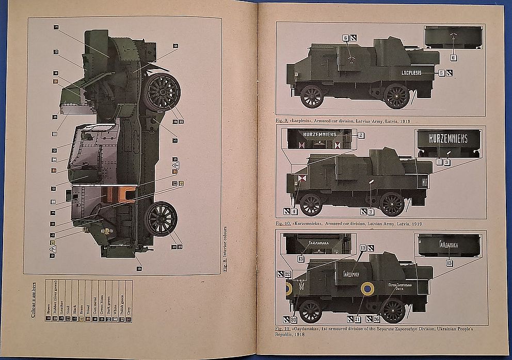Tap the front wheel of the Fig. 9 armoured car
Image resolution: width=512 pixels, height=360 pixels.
pos(312,96)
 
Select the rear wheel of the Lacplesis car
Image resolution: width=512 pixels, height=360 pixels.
pos(396,95)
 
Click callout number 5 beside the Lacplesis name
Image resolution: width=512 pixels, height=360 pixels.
pos(441,73)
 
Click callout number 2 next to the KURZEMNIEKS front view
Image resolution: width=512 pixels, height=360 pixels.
pos(361,135)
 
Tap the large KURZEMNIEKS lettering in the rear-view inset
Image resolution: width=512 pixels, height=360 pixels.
pos(449,138)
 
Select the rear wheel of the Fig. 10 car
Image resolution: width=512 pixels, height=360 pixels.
pos(392,203)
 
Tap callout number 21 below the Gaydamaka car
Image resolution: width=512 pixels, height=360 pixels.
pos(357,320)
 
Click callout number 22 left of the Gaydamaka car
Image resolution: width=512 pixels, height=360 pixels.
pos(287,274)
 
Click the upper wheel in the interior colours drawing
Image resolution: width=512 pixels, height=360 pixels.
pos(162,92)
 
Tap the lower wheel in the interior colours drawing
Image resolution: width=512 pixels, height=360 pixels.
pos(161,218)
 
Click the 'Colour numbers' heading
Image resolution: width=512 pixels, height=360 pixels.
pos(34,299)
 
